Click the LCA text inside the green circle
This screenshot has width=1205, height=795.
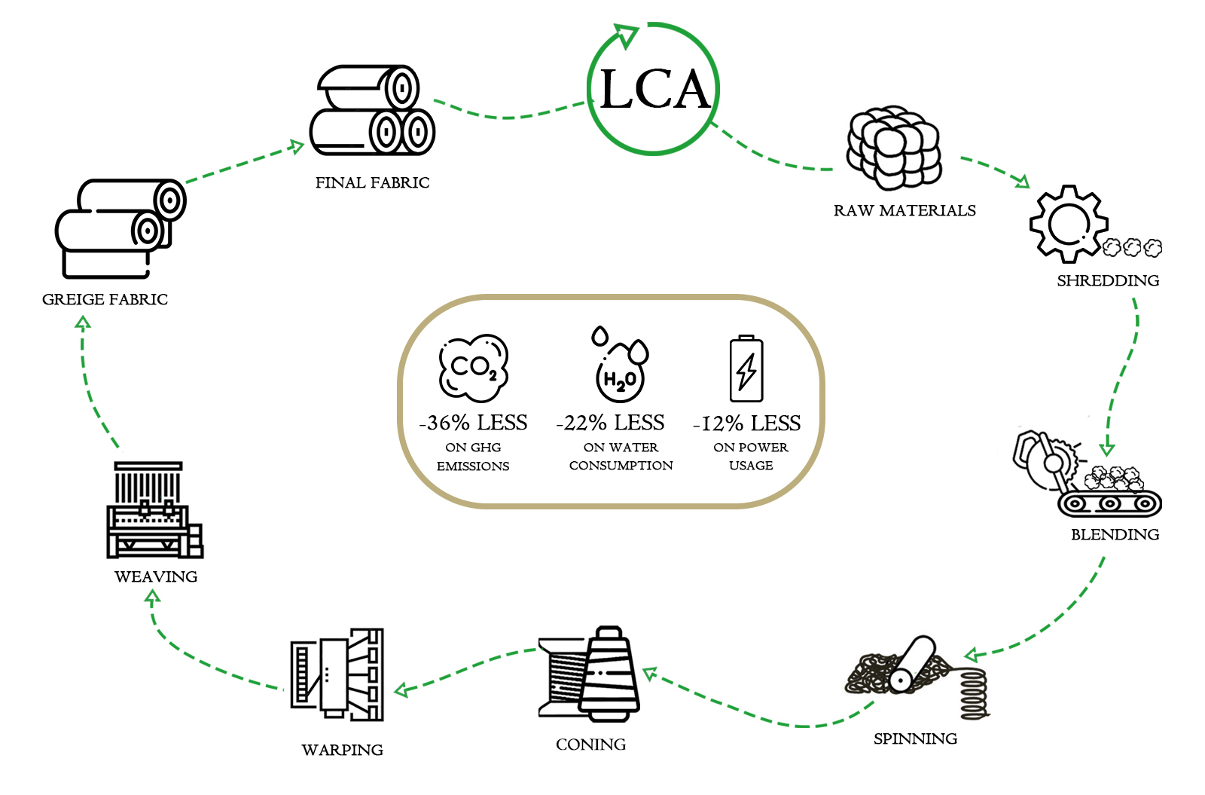(x=654, y=90)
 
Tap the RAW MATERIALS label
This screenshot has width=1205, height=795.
(x=904, y=211)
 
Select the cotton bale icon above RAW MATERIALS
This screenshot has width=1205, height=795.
(x=894, y=148)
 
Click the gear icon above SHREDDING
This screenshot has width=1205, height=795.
(x=1069, y=224)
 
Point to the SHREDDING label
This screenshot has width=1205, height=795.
(x=1108, y=281)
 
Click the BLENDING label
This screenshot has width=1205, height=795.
(x=1115, y=535)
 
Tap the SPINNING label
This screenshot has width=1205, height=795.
(x=915, y=739)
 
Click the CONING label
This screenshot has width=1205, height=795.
(x=590, y=745)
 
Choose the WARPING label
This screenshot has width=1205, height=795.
(x=342, y=751)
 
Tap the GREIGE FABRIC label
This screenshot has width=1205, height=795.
(x=105, y=300)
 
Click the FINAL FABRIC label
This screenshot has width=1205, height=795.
(x=372, y=183)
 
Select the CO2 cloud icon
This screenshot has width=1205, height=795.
(x=474, y=368)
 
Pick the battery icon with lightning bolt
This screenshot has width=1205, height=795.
(x=746, y=369)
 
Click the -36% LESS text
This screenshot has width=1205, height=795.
(x=473, y=423)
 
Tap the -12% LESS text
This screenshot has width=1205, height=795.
(x=746, y=424)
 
